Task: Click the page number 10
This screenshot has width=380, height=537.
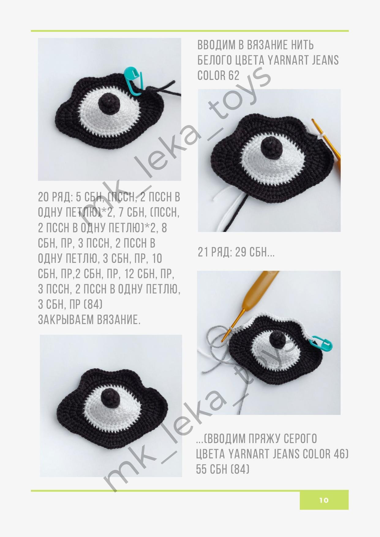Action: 324,500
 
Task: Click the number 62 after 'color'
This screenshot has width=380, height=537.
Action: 233,75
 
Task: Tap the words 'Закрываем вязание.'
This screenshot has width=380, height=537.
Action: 89,320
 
